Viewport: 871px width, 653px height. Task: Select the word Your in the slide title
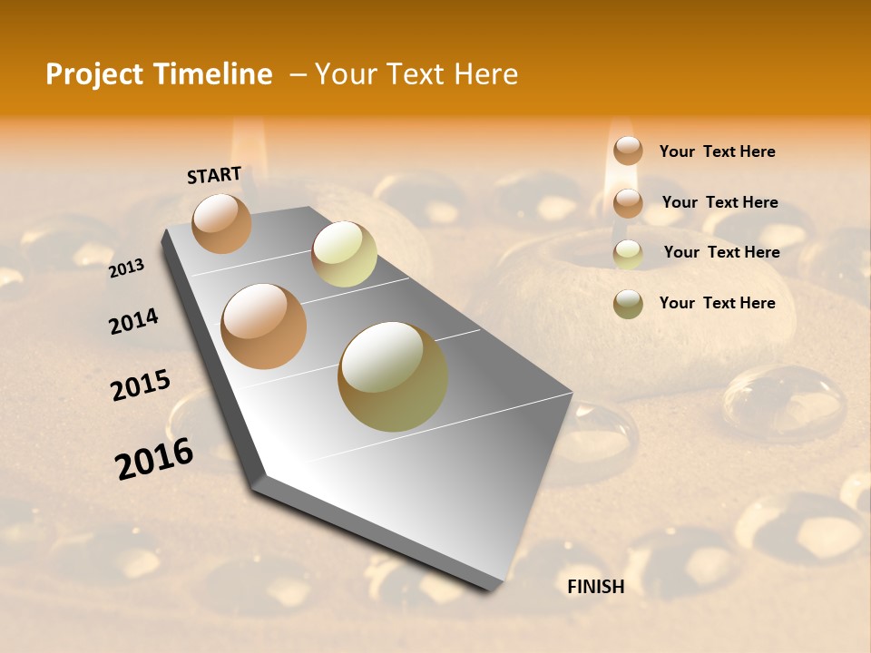347,74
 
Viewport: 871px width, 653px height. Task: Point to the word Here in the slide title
484,74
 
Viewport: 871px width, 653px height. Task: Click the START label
214,175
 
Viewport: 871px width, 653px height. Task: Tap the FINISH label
596,587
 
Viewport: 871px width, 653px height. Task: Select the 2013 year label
127,268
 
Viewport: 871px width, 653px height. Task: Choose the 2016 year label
154,458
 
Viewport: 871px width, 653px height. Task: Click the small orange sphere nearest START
221,223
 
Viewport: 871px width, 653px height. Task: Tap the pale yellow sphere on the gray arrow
344,254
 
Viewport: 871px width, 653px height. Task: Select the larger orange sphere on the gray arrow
264,326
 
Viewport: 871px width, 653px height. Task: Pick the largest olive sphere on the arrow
393,376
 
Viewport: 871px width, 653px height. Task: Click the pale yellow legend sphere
628,254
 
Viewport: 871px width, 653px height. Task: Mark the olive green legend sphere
628,304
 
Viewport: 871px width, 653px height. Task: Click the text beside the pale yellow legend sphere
721,252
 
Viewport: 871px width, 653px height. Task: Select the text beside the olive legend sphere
717,303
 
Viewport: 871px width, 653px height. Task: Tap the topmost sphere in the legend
628,151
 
